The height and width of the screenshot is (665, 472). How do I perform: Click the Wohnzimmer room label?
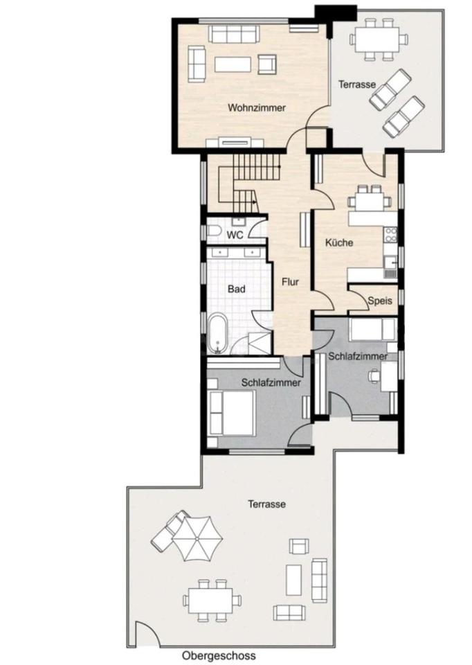[256, 108]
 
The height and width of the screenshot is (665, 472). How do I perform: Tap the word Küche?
[339, 242]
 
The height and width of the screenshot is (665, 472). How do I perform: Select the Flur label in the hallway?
[291, 282]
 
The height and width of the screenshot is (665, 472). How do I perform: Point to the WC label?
[235, 235]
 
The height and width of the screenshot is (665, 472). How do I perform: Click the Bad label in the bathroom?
[237, 290]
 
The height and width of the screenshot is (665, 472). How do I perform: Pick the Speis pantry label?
[380, 301]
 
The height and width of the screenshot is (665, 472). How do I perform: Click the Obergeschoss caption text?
[219, 656]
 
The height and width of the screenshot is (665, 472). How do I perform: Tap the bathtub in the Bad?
[217, 334]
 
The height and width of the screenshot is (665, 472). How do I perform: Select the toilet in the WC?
[213, 231]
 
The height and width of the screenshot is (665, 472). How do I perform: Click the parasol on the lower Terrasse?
[197, 538]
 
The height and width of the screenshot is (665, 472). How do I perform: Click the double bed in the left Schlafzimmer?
[232, 413]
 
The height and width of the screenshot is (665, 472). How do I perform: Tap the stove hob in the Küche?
[390, 235]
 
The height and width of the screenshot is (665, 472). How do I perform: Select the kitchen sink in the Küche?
[390, 267]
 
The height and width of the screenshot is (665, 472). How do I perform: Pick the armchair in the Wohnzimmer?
[267, 64]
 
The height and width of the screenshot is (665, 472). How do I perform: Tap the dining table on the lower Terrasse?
[212, 600]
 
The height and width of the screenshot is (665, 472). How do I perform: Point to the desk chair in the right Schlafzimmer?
[374, 375]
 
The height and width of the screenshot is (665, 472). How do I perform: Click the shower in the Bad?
[260, 343]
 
